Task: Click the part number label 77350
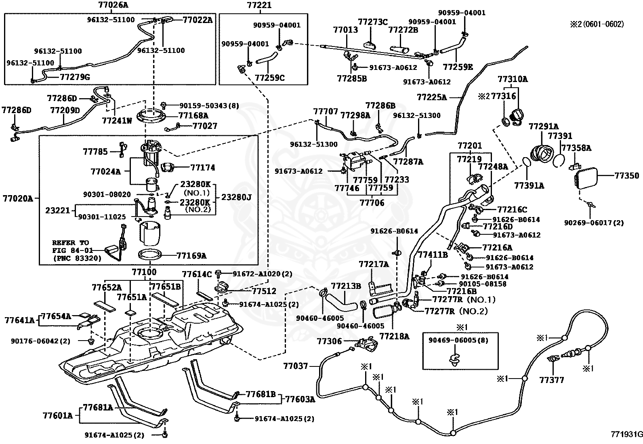626,176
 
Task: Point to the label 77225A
432,97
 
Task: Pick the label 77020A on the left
18,198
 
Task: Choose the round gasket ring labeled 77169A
150,255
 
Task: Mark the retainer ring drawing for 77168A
151,117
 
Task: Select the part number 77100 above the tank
144,272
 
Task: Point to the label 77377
552,380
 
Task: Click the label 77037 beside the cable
296,366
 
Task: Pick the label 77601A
58,416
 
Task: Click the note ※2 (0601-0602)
597,24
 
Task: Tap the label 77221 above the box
259,5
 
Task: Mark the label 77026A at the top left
113,4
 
